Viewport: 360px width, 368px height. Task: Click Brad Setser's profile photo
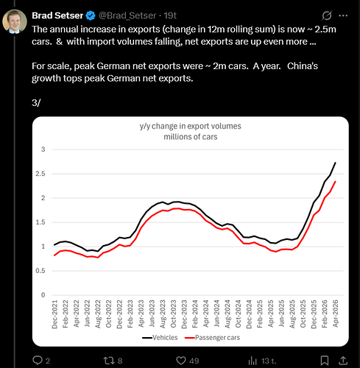pyautogui.click(x=15, y=21)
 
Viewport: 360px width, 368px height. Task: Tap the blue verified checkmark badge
pyautogui.click(x=91, y=15)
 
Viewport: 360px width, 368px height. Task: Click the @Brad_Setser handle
pyautogui.click(x=127, y=15)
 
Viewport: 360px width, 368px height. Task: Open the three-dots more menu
pyautogui.click(x=343, y=15)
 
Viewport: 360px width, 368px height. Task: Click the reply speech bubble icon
pyautogui.click(x=38, y=360)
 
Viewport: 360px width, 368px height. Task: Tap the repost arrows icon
pyautogui.click(x=108, y=361)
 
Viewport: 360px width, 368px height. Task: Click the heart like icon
pyautogui.click(x=181, y=361)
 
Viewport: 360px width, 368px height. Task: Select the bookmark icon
pyautogui.click(x=325, y=361)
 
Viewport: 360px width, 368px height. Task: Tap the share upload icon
pyautogui.click(x=343, y=360)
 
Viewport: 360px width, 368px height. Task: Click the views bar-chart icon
pyautogui.click(x=253, y=361)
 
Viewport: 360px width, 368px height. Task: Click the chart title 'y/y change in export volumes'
pyautogui.click(x=191, y=126)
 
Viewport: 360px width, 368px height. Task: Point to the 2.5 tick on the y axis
pyautogui.click(x=40, y=174)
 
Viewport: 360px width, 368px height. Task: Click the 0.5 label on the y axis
pyautogui.click(x=40, y=271)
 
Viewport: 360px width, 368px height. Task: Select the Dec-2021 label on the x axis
pyautogui.click(x=54, y=314)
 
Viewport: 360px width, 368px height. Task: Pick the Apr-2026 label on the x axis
pyautogui.click(x=335, y=314)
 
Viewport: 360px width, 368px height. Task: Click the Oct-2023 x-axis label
pyautogui.click(x=173, y=314)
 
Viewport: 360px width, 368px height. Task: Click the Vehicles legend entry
pyautogui.click(x=160, y=338)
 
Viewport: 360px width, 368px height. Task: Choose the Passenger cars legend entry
pyautogui.click(x=212, y=338)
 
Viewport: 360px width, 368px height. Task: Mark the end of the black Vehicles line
pyautogui.click(x=335, y=163)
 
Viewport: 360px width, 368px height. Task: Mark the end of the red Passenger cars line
pyautogui.click(x=335, y=182)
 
